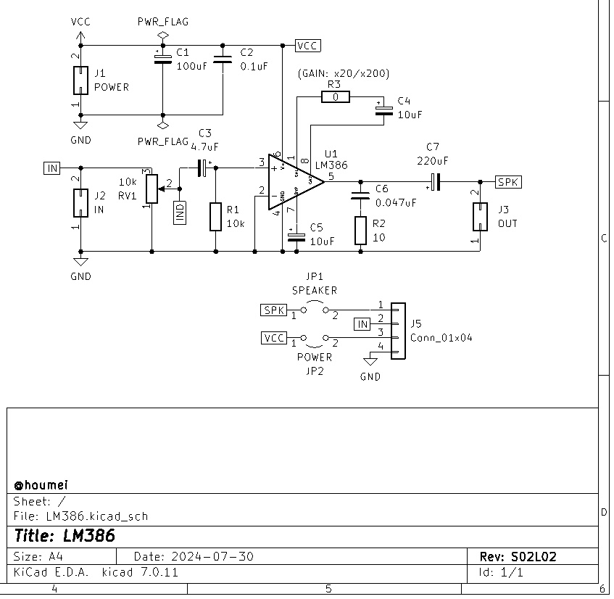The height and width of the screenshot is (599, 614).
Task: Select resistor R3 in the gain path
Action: tap(335, 97)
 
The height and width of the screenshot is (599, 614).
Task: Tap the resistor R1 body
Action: tap(215, 217)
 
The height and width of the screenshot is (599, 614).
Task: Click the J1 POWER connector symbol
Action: tap(80, 80)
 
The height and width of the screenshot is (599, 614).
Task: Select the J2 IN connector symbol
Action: tap(80, 203)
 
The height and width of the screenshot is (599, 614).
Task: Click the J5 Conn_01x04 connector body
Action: tap(397, 331)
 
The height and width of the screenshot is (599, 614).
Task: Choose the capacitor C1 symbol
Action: tap(162, 59)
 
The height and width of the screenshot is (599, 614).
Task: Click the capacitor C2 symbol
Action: tap(223, 59)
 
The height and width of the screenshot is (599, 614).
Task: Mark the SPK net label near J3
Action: tap(508, 181)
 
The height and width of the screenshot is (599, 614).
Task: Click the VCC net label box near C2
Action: tap(308, 46)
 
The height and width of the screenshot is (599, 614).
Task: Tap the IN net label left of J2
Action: tap(52, 168)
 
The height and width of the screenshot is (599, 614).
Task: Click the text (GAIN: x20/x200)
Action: tap(343, 74)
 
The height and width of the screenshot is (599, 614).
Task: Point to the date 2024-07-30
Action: tap(212, 557)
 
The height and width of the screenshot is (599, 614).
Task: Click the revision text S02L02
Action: tap(533, 557)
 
